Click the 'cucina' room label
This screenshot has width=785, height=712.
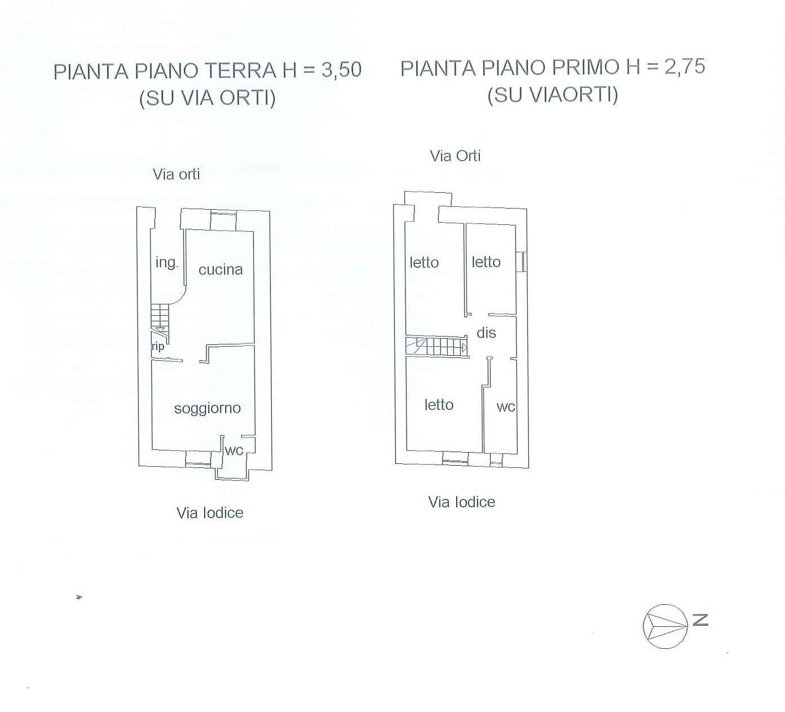220,270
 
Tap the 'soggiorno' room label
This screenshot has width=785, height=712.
207,408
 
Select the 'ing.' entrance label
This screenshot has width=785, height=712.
166,262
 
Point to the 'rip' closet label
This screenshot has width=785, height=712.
158,346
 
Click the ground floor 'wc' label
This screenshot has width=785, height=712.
234,450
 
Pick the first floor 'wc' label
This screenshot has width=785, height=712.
506,407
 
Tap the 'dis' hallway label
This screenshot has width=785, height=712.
486,333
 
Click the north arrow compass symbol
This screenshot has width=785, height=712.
666,626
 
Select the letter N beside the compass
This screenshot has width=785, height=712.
700,620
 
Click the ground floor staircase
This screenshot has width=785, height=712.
160,318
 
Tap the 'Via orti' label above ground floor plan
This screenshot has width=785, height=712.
177,174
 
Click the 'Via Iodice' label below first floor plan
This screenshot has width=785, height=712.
461,502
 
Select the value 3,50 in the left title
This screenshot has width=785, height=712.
341,70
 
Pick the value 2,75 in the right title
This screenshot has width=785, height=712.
685,67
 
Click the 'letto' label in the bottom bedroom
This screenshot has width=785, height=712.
439,405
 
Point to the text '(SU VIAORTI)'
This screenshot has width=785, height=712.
553,94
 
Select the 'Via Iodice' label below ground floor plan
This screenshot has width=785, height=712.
210,512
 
